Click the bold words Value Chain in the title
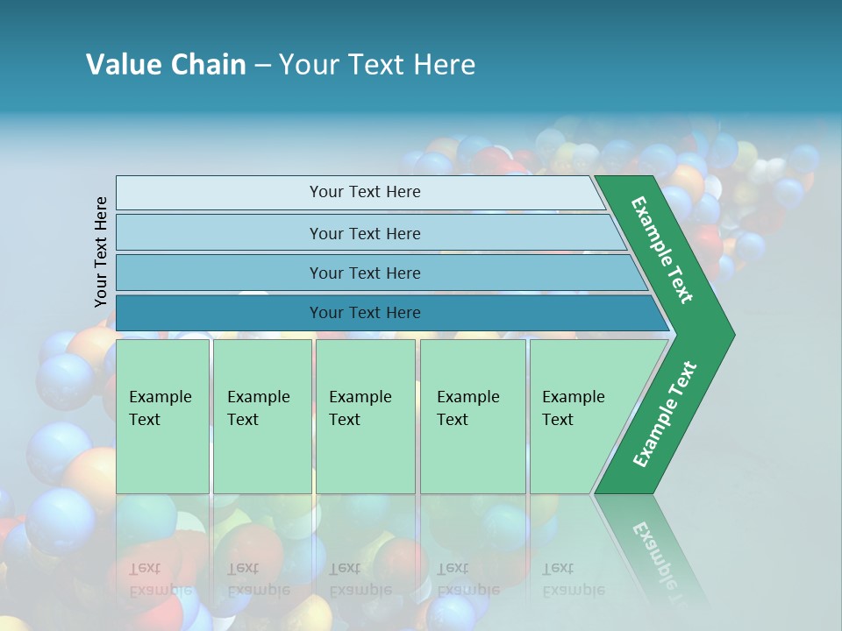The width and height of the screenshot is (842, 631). point(166,65)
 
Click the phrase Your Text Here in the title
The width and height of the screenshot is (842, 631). point(377,65)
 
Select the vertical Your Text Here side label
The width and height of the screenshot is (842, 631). point(101,252)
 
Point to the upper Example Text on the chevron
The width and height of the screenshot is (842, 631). point(662,250)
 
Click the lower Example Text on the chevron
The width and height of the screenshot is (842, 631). point(665,415)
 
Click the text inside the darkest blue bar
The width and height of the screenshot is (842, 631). point(365,313)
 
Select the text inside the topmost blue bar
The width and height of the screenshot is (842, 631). point(365,192)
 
